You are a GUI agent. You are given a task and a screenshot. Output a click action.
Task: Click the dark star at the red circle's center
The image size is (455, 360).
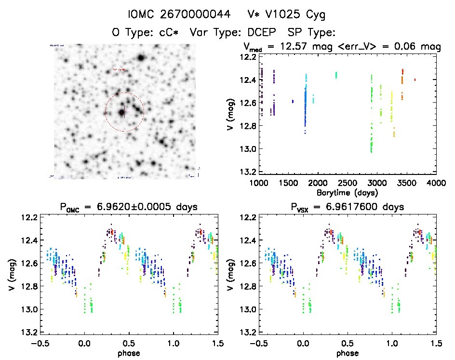(x=121, y=112)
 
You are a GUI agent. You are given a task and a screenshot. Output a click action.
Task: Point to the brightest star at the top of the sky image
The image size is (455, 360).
(x=141, y=58)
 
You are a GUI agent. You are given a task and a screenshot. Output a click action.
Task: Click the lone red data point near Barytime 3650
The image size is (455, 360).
(x=415, y=80)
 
